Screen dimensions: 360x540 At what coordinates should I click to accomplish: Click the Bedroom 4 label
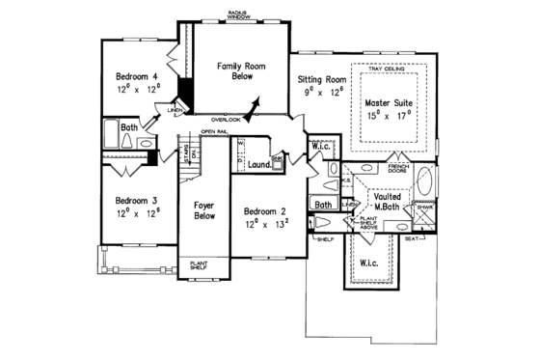[x=137, y=75]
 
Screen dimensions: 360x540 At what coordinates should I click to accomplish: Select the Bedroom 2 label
[x=264, y=211]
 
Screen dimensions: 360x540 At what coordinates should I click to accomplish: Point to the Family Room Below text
[x=235, y=70]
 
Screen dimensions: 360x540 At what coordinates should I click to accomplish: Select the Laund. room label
[x=258, y=164]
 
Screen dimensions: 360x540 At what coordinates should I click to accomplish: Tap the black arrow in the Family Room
[x=256, y=104]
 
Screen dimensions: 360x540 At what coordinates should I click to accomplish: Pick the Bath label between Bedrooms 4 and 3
[x=128, y=127]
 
